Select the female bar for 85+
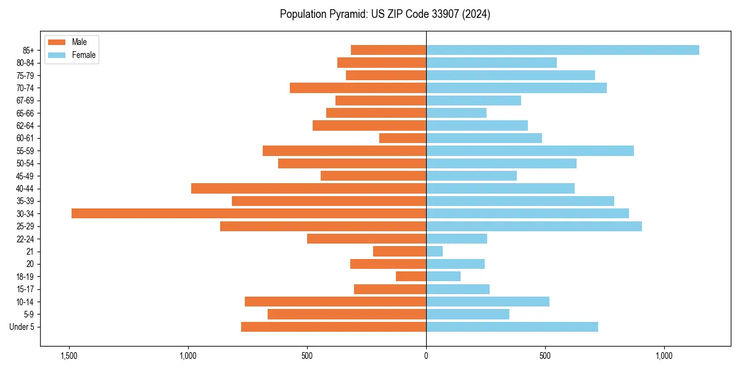coord(562,50)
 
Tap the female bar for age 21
coord(434,252)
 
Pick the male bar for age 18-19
coord(411,276)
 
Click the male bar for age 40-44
coord(308,188)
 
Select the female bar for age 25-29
coord(533,226)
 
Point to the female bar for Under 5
coord(512,327)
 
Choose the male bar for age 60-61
coord(403,138)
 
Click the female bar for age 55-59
coord(530,150)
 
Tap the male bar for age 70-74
coord(358,88)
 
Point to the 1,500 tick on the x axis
coord(68,356)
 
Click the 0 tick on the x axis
coord(426,356)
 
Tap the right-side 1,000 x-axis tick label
coord(664,356)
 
